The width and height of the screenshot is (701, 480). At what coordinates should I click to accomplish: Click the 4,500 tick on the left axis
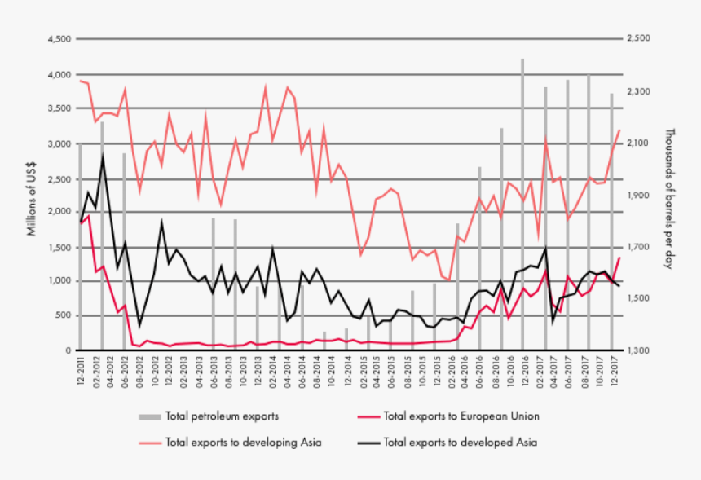(x=58, y=39)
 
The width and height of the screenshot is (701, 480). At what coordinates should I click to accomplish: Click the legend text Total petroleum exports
(x=222, y=416)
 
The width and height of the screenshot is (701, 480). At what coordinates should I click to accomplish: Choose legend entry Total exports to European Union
(x=461, y=416)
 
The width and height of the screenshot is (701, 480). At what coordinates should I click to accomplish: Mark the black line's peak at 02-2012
(x=103, y=157)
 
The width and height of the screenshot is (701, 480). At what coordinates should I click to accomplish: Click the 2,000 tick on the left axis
(x=58, y=212)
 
